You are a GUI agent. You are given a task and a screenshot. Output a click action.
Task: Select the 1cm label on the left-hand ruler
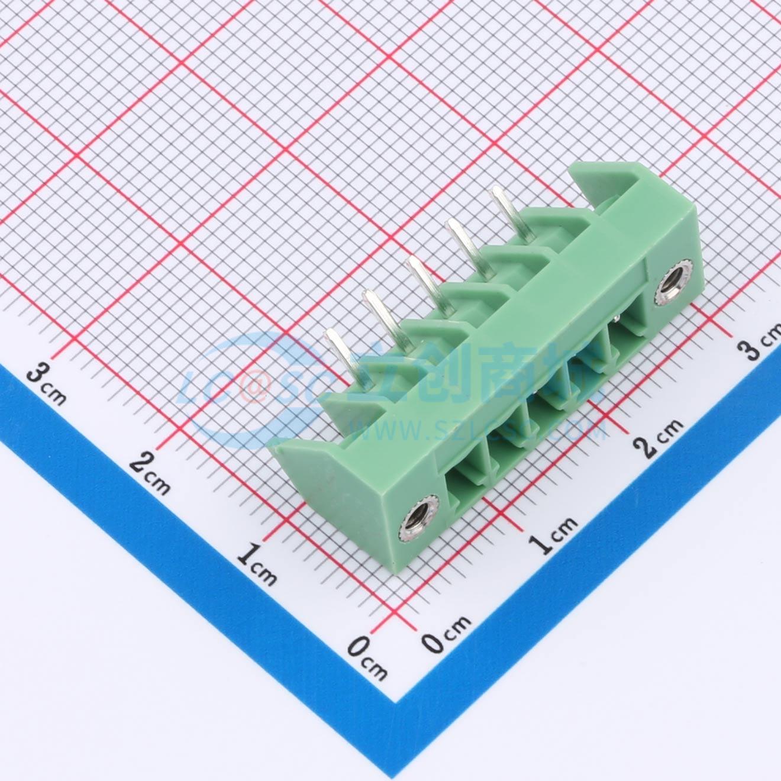(x=257, y=565)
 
